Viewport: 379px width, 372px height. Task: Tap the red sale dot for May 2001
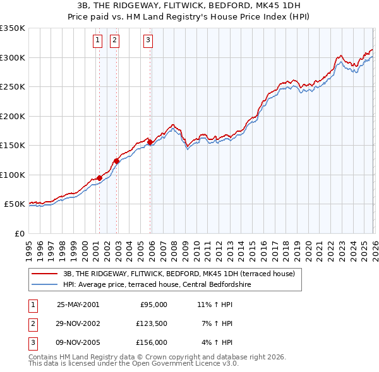[99, 178]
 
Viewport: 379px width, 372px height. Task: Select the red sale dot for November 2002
[116, 161]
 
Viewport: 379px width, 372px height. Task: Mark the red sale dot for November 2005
[150, 142]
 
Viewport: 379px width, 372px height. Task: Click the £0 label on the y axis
[19, 233]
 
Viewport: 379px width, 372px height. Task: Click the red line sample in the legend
[45, 274]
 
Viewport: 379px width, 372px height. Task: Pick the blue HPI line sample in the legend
[45, 284]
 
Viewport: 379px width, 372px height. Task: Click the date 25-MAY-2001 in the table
[78, 305]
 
